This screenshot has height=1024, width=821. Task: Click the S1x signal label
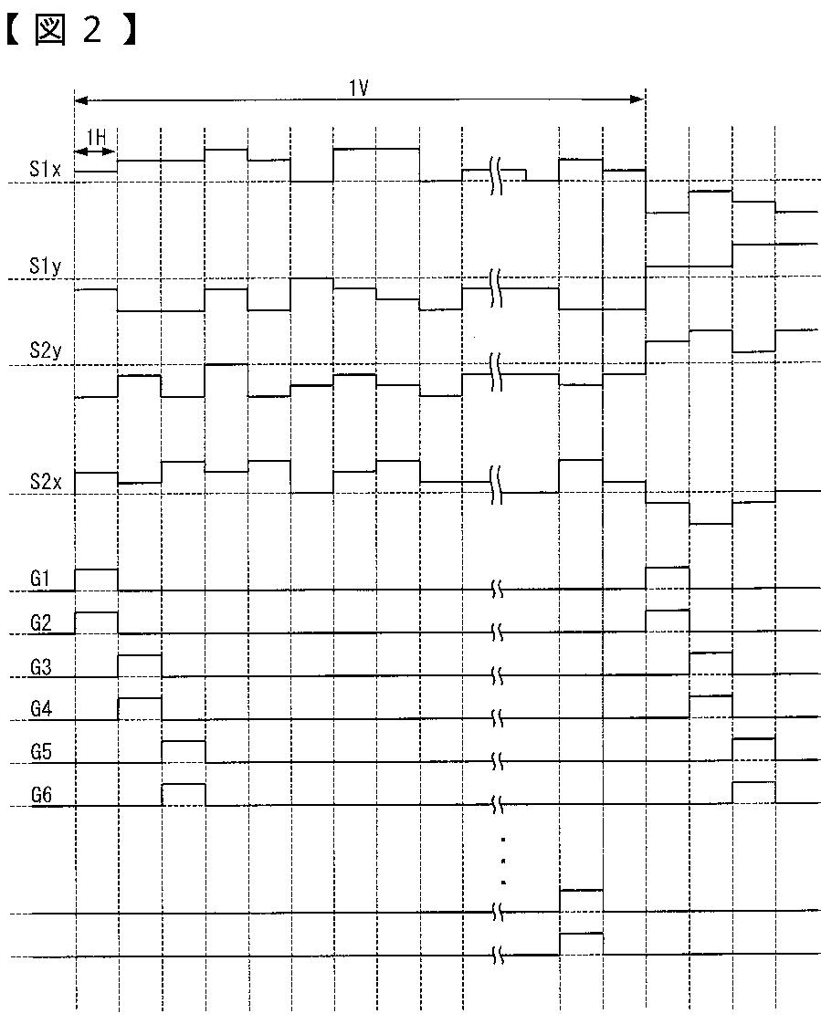45,170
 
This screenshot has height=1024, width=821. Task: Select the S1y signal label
45,266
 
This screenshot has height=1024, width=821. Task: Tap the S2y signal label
45,352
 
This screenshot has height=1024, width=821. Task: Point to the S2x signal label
45,482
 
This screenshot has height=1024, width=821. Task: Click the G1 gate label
40,579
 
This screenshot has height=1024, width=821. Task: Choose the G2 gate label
40,622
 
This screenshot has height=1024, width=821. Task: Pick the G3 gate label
40,666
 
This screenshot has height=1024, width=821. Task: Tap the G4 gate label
40,709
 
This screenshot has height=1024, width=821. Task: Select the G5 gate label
40,752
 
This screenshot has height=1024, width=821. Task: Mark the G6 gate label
40,795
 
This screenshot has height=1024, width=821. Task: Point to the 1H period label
96,137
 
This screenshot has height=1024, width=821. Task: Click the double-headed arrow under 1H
96,151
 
